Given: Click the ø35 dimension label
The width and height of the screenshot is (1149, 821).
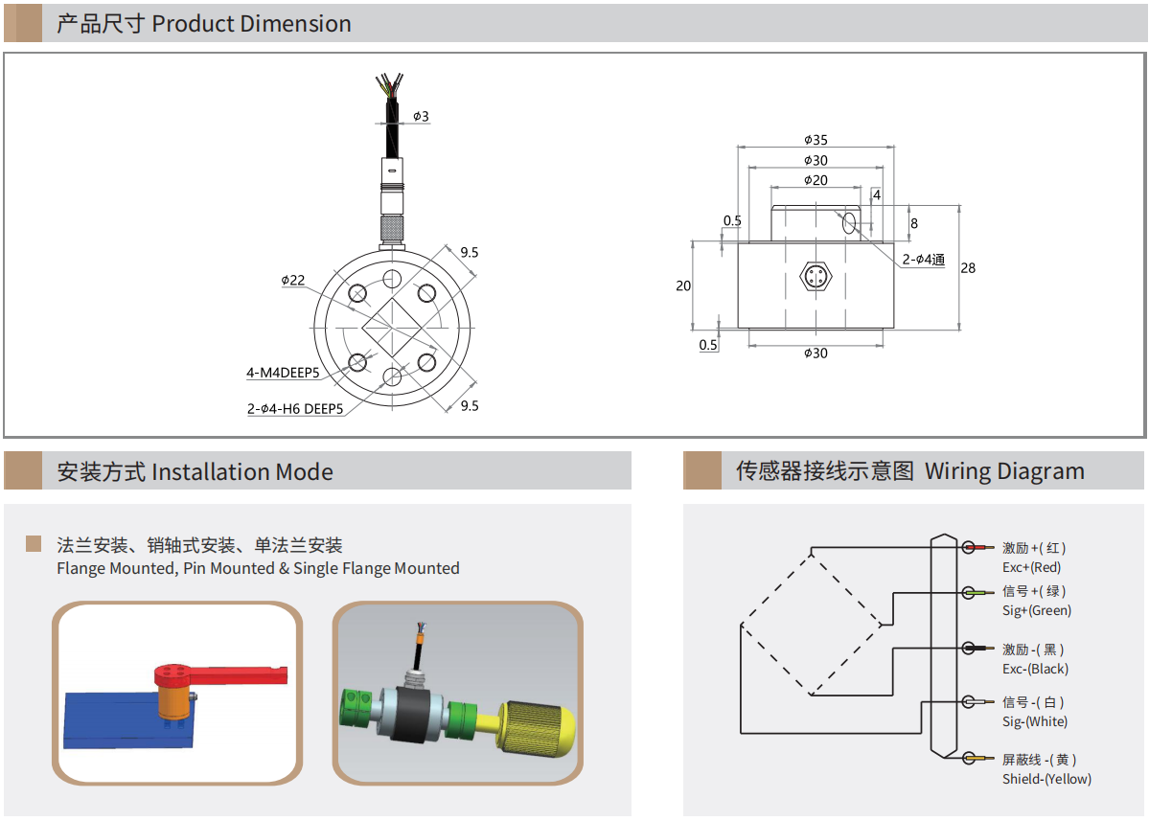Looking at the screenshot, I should click(x=816, y=140).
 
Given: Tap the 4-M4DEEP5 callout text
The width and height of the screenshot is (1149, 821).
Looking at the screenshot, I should click(x=283, y=372).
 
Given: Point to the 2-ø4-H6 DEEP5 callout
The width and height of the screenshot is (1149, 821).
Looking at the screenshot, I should click(x=295, y=409).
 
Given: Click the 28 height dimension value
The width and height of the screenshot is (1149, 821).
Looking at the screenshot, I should click(x=968, y=268).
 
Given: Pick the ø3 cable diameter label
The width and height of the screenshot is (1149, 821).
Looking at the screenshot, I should click(x=421, y=117).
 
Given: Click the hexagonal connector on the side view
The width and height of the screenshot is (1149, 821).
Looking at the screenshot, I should click(x=816, y=278).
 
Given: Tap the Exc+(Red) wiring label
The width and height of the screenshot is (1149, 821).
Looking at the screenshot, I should click(x=1031, y=567).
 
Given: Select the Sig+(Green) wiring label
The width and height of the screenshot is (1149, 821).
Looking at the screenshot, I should click(x=1036, y=610).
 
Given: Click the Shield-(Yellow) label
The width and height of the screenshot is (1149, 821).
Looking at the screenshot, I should click(x=1046, y=779).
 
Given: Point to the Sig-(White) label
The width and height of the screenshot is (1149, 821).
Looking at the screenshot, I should click(x=1034, y=721).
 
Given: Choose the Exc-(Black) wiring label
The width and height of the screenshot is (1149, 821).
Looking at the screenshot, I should click(x=1035, y=669).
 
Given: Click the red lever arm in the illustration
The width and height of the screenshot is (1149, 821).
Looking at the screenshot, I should click(x=240, y=675).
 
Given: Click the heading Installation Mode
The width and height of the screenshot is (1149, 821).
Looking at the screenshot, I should click(x=242, y=472).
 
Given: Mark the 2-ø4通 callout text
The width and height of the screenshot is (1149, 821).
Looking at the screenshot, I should click(x=923, y=260).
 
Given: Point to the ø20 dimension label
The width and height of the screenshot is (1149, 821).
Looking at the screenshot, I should click(x=816, y=180).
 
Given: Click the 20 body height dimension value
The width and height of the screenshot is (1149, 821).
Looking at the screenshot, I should click(x=683, y=285).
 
